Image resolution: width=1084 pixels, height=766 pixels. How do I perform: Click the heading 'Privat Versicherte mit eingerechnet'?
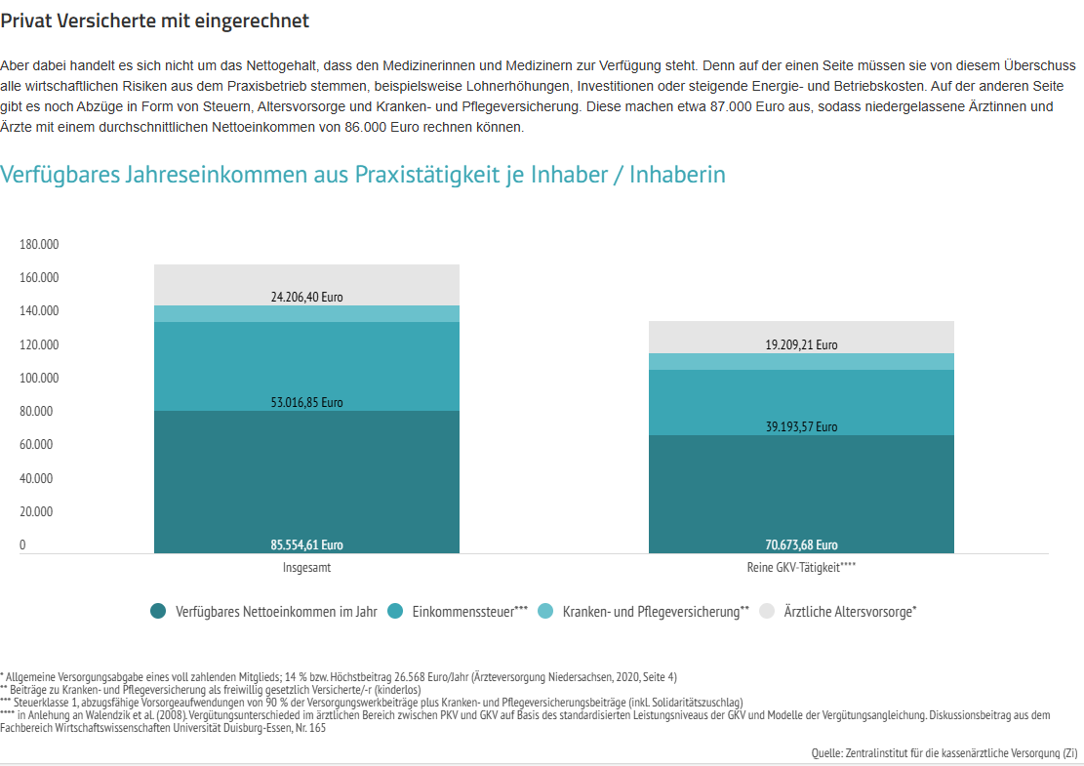click(155, 20)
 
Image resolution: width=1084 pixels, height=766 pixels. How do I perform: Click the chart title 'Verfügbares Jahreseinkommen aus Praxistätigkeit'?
click(363, 175)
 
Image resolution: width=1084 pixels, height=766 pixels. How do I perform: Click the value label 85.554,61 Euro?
click(306, 545)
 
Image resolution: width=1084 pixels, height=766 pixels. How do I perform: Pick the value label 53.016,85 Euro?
click(306, 402)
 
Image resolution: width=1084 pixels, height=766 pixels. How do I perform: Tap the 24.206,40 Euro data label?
click(306, 297)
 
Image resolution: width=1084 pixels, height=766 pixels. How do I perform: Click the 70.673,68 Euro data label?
click(801, 545)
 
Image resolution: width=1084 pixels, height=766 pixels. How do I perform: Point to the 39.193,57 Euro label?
click(801, 426)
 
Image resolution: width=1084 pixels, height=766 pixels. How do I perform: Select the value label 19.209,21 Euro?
click(801, 344)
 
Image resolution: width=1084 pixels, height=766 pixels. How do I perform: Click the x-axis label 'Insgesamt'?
click(306, 567)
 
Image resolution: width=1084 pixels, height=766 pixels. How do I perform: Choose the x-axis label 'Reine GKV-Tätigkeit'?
click(801, 567)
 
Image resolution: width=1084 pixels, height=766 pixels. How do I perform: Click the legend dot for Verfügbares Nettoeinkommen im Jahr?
click(158, 612)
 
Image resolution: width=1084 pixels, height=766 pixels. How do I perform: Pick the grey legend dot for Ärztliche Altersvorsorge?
click(767, 612)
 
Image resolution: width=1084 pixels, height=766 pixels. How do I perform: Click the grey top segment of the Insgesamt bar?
click(306, 278)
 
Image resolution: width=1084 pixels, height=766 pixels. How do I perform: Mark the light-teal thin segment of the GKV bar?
click(801, 361)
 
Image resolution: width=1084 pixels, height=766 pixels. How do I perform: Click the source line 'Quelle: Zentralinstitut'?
click(943, 753)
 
